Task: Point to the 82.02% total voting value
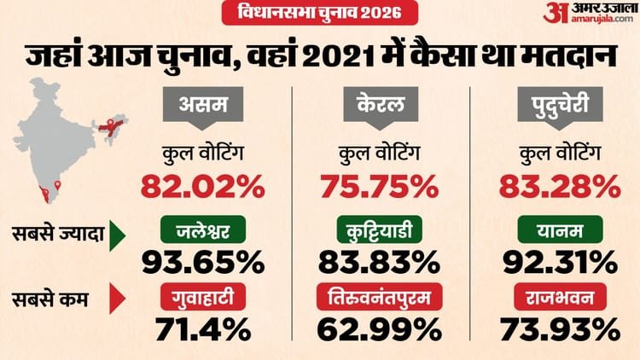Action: (x=201, y=184)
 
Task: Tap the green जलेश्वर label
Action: (x=201, y=229)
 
